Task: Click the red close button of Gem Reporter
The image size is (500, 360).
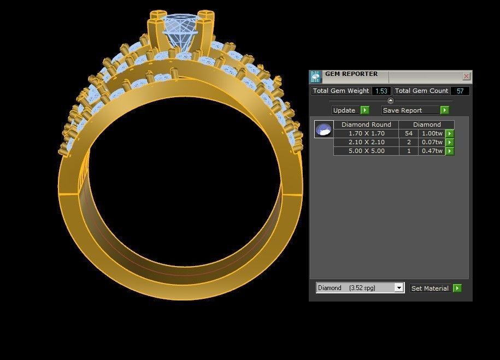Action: point(466,76)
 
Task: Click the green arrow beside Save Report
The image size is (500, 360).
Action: point(444,110)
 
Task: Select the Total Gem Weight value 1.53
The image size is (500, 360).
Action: point(381,91)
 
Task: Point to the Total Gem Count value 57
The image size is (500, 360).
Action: point(460,91)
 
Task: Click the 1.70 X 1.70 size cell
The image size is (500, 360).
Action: point(366,133)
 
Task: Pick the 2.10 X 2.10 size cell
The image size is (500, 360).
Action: point(366,142)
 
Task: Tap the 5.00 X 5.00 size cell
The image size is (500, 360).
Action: point(366,151)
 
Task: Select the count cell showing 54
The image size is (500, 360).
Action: point(408,133)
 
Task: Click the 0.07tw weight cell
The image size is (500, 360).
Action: point(432,142)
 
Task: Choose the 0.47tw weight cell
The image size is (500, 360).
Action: point(432,151)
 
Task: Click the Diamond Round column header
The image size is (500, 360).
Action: point(366,125)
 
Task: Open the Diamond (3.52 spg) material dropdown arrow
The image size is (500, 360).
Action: point(399,288)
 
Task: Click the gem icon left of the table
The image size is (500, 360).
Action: point(323,129)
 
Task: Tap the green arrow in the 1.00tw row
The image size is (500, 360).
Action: point(450,133)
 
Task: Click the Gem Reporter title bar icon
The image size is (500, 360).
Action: point(315,76)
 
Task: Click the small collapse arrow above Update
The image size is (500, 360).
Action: point(390,101)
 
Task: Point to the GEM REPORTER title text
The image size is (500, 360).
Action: point(351,74)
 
